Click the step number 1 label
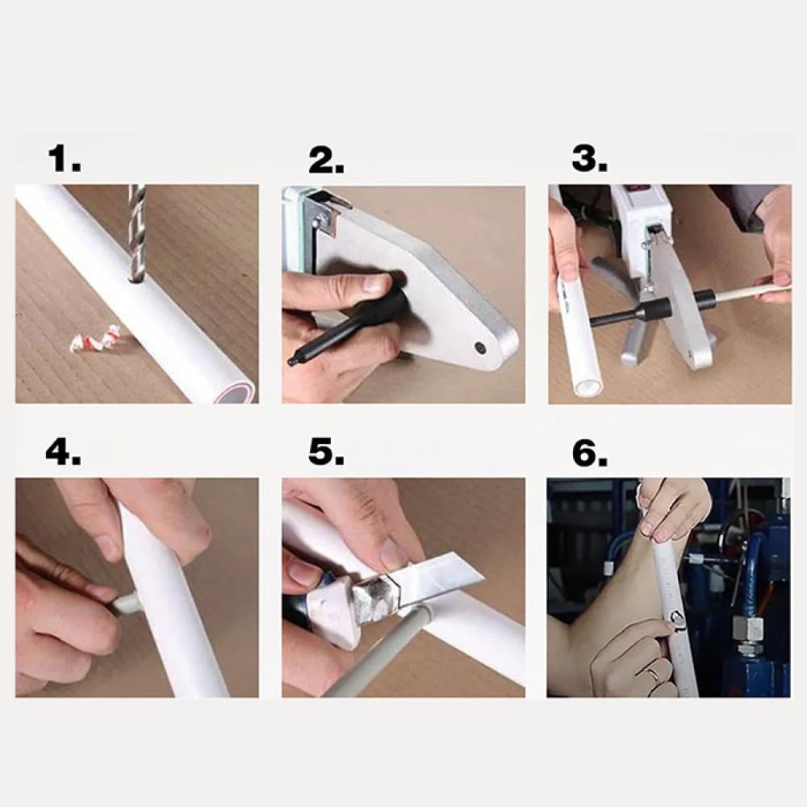[65, 159]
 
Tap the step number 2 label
[326, 160]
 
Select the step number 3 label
[590, 159]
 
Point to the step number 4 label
[63, 453]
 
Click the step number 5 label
[326, 453]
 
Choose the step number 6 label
[590, 453]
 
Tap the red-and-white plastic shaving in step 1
[98, 340]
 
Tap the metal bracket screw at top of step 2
[317, 222]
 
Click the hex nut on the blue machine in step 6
[747, 629]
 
